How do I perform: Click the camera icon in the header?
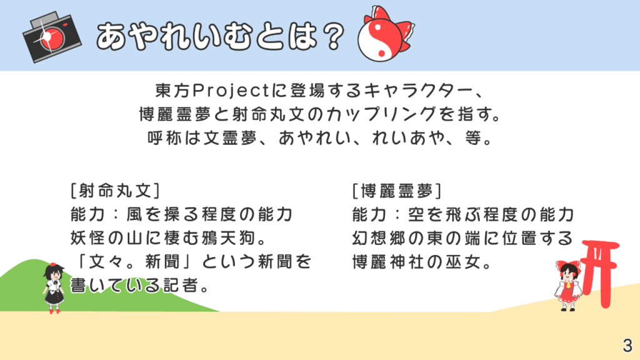[x=52, y=37]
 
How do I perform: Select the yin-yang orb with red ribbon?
[x=385, y=34]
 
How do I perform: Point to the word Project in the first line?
[x=231, y=91]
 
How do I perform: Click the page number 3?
[x=627, y=345]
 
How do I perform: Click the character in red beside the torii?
[x=567, y=286]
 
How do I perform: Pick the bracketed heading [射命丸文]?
[x=115, y=191]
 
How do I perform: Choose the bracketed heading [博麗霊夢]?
[x=397, y=191]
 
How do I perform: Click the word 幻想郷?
[x=379, y=238]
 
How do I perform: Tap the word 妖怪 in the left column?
[x=87, y=238]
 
